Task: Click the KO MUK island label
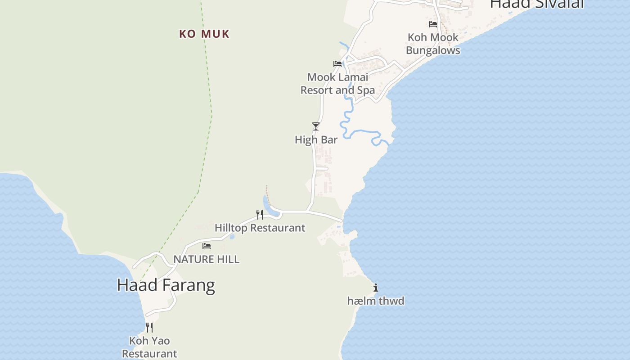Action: (204, 34)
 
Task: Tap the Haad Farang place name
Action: (166, 285)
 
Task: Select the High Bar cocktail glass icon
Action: (316, 126)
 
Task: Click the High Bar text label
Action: (316, 140)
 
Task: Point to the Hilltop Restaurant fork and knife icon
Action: (260, 215)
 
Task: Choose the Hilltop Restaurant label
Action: (260, 228)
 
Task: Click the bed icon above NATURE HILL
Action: (207, 246)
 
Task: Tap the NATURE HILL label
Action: (206, 260)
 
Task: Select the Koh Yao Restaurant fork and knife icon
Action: (149, 328)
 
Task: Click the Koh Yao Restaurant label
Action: (149, 347)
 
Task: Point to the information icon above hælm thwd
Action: (376, 288)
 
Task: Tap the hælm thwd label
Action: (376, 301)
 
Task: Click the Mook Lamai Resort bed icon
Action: (337, 64)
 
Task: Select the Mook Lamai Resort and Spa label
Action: (337, 84)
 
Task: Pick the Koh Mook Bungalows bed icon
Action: (433, 24)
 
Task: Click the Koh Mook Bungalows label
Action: (433, 44)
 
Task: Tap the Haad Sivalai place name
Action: (536, 4)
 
